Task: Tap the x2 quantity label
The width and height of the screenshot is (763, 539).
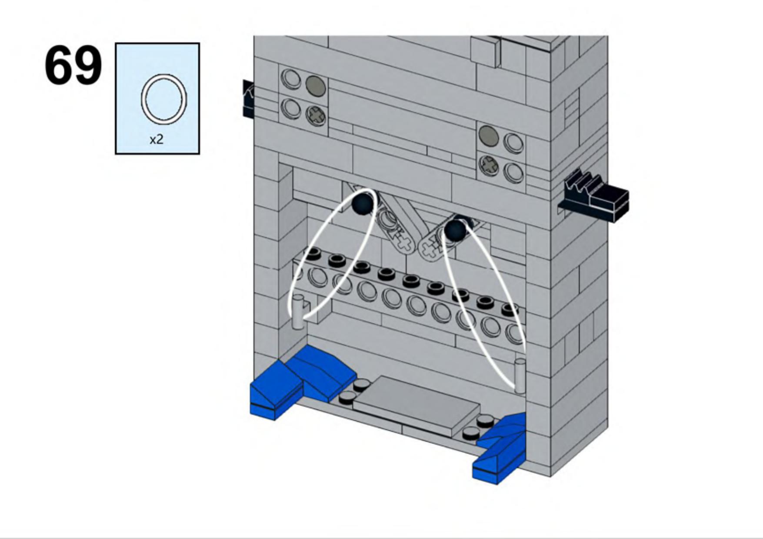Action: pyautogui.click(x=157, y=140)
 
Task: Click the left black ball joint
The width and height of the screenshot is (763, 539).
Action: pyautogui.click(x=363, y=203)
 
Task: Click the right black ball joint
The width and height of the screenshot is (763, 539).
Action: pyautogui.click(x=454, y=229)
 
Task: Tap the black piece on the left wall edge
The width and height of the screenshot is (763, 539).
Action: pyautogui.click(x=248, y=99)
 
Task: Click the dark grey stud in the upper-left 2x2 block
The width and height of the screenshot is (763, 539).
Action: pyautogui.click(x=316, y=85)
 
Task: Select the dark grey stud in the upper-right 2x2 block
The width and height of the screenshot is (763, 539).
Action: pyautogui.click(x=489, y=135)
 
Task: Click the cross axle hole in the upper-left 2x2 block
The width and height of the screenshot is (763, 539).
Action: pyautogui.click(x=316, y=116)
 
